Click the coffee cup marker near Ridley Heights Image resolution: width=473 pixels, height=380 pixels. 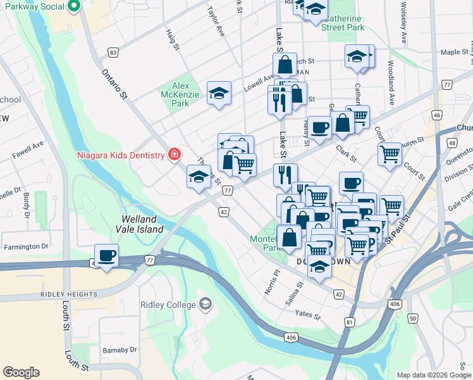click(106, 255)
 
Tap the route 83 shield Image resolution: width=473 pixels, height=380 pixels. click(113, 52)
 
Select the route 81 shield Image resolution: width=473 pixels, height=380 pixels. click(350, 322)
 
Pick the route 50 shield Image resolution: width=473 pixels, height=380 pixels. click(412, 318)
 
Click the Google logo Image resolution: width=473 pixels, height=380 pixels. click(21, 372)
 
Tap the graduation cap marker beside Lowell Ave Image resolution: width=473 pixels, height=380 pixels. click(218, 94)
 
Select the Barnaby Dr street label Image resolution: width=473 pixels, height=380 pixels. click(120, 349)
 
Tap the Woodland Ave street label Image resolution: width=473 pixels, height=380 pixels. click(391, 92)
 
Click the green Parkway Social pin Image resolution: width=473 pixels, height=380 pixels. click(72, 7)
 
